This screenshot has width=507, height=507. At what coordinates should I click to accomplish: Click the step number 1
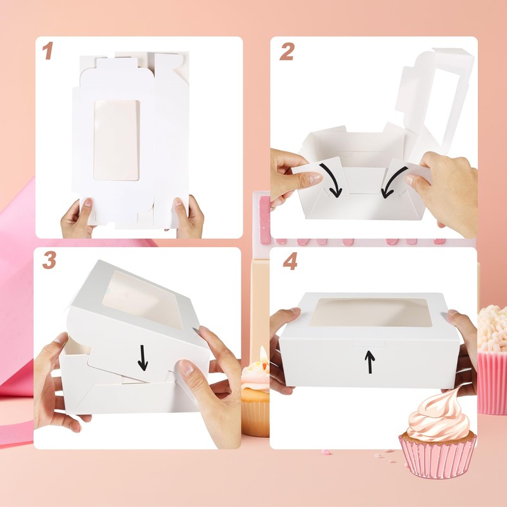48,51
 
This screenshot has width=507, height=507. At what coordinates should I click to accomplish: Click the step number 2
286,51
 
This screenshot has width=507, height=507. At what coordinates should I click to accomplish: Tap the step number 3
49,260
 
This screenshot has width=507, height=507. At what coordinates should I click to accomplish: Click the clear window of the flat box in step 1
117,139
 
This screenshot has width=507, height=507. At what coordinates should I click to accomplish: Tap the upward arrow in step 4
370,362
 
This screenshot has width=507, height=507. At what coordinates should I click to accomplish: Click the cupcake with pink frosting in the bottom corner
437,437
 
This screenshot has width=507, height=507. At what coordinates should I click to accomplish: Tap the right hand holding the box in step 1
189,217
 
